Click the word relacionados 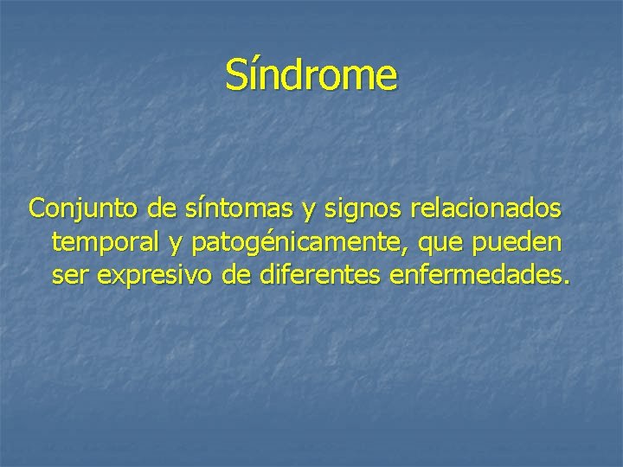click(x=487, y=210)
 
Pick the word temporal click(x=105, y=244)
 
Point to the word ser click(x=68, y=278)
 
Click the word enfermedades click(x=478, y=277)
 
